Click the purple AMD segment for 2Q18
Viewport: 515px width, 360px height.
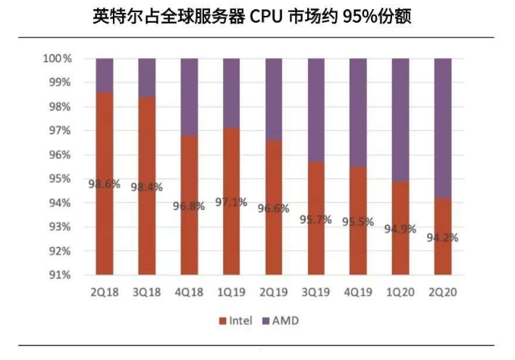[105, 76]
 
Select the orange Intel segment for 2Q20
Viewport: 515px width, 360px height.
[443, 236]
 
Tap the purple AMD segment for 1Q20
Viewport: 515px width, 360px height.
[400, 120]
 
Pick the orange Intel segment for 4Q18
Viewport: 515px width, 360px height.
[189, 205]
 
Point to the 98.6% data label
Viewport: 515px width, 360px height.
[105, 184]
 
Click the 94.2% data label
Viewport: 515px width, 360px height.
[443, 237]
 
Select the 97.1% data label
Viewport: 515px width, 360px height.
[231, 202]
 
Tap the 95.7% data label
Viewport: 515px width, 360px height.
[316, 219]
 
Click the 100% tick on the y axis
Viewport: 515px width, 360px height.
[57, 59]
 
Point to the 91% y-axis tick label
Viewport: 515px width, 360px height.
[60, 275]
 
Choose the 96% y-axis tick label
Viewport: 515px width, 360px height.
[60, 155]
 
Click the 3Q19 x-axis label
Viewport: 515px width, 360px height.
[316, 292]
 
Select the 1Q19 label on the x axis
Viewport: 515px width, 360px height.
[231, 292]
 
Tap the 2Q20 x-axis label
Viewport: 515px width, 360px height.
[443, 292]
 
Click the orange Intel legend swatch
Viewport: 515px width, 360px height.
[223, 321]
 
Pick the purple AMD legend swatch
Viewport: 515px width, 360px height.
[265, 321]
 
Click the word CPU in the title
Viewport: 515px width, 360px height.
[266, 17]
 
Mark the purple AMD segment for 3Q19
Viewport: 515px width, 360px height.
[316, 110]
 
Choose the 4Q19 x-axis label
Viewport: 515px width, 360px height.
[358, 292]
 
